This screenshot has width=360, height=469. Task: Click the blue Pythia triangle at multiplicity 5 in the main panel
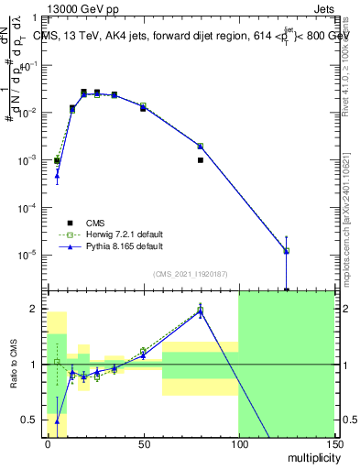(57, 175)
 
